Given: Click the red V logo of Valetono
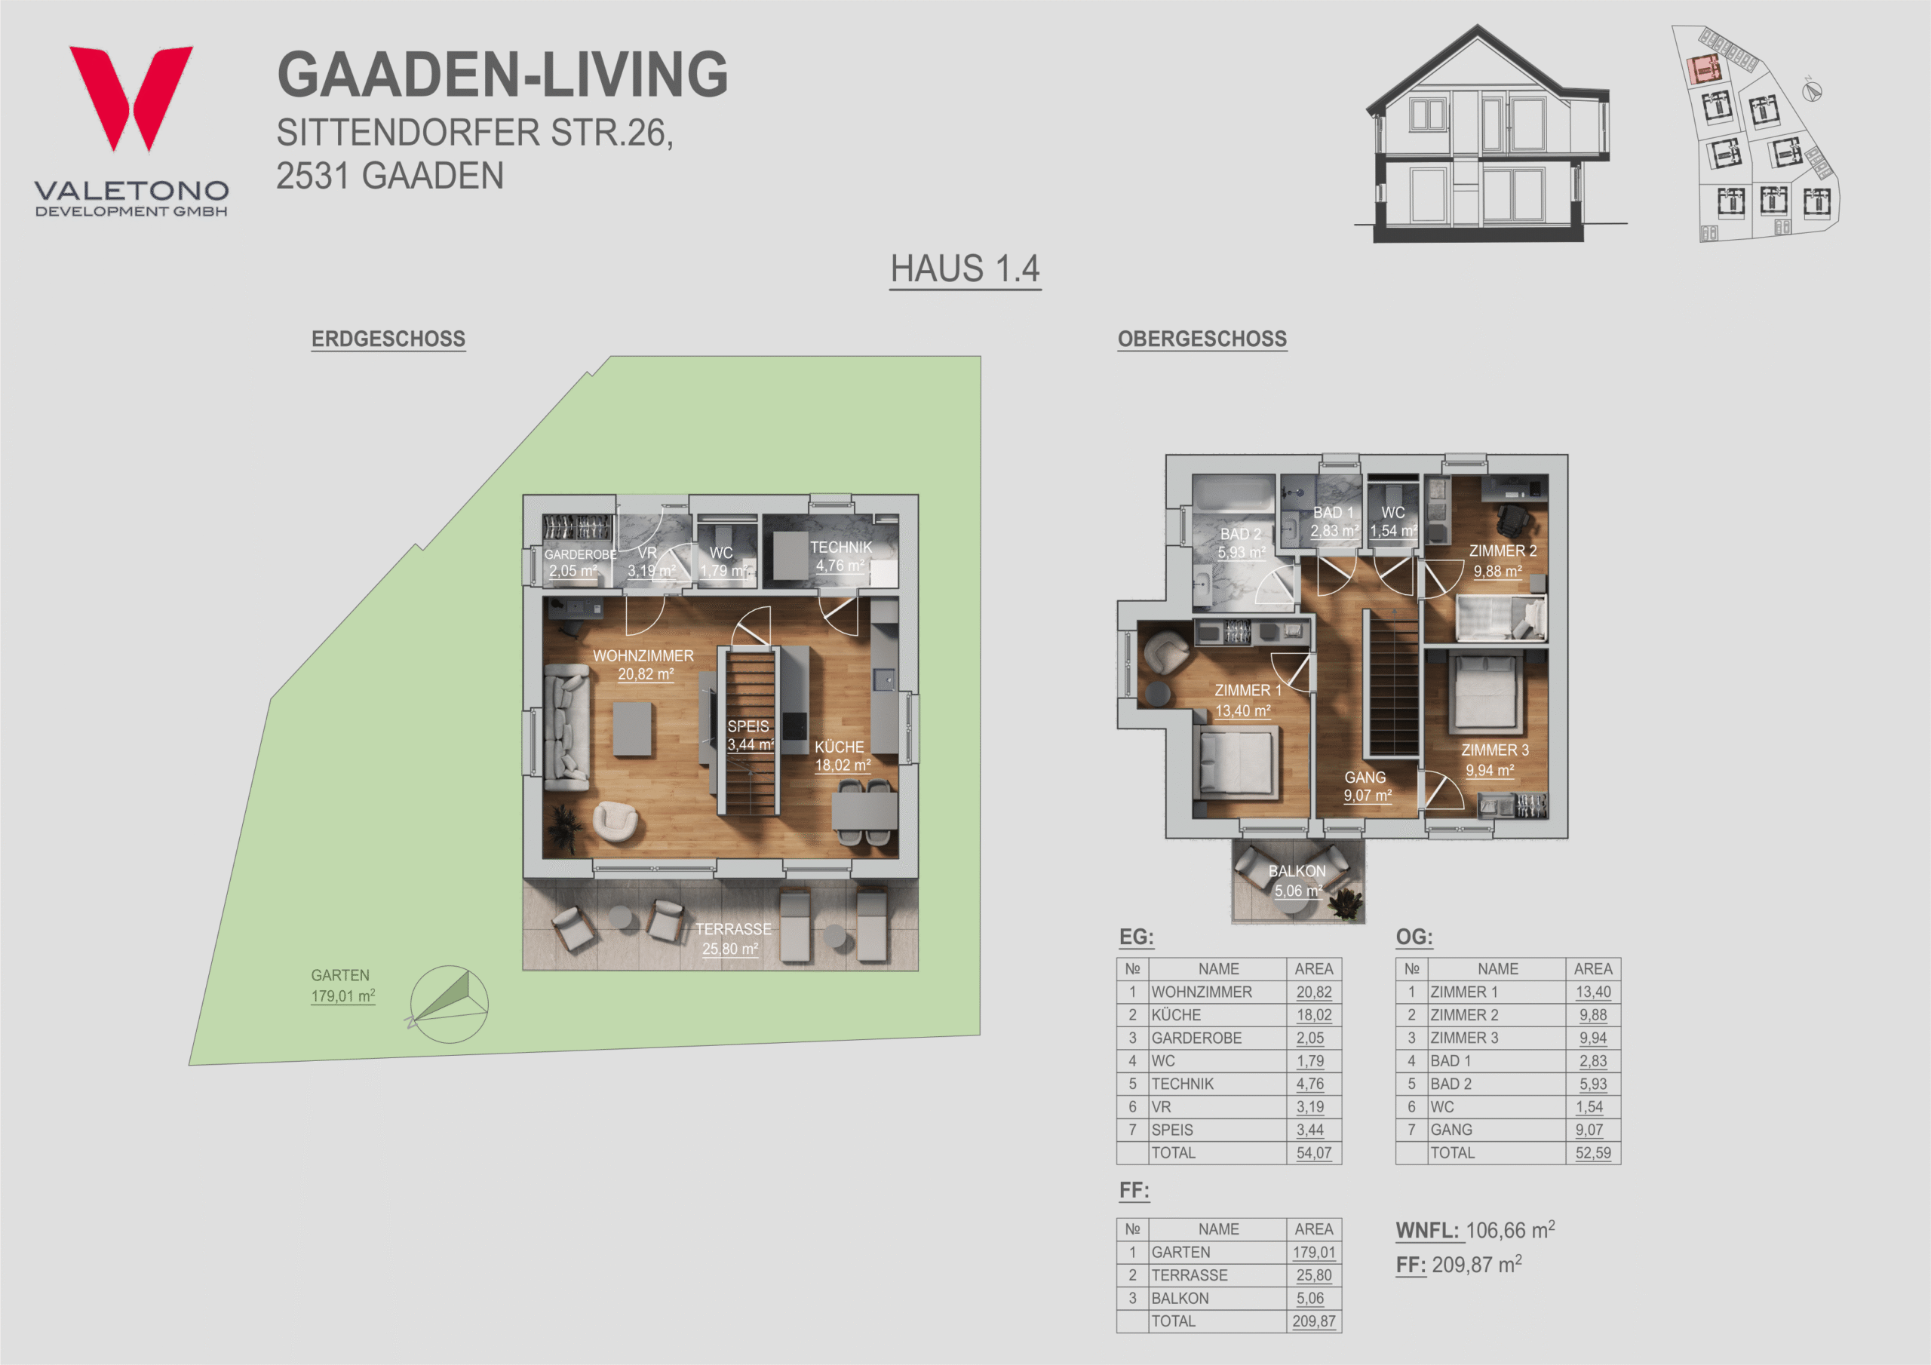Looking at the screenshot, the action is point(131,97).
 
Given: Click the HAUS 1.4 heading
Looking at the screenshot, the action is point(965,269).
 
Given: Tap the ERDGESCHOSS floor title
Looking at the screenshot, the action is point(388,339).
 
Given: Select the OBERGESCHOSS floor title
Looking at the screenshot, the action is point(1202,339).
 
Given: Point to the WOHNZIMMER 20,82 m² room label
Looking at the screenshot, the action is point(643,664).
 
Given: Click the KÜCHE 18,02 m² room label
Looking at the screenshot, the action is point(842,755).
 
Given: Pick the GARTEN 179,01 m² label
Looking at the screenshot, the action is point(342,985).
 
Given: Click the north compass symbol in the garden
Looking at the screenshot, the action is point(448,1003).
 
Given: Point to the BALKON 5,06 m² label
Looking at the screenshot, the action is point(1297,881).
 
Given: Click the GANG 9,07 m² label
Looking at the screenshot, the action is point(1367,787).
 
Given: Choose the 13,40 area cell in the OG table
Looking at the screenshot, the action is point(1593,992).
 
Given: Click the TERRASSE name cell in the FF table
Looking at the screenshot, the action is point(1190,1275).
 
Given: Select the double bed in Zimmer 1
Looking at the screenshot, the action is point(1236,762).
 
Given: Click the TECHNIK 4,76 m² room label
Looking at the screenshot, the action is point(840,556).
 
